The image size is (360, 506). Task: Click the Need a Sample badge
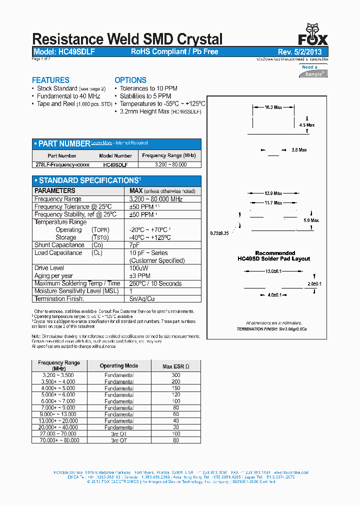tap(313, 70)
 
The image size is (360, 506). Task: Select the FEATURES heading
tap(50, 80)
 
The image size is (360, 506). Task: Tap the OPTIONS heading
tap(130, 80)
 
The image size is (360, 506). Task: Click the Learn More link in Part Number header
tap(101, 143)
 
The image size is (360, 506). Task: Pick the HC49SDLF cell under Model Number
tap(115, 164)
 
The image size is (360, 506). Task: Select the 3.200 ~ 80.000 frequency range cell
tap(170, 164)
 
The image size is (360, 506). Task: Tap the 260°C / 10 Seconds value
tap(155, 283)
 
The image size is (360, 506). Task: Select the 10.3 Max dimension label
tap(273, 107)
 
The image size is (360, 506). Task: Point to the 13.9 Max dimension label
tap(273, 193)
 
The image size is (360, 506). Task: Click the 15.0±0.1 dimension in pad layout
tap(273, 271)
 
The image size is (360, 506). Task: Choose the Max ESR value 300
tap(175, 375)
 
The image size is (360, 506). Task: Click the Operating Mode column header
tap(119, 365)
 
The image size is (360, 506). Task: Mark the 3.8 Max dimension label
tap(299, 150)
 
